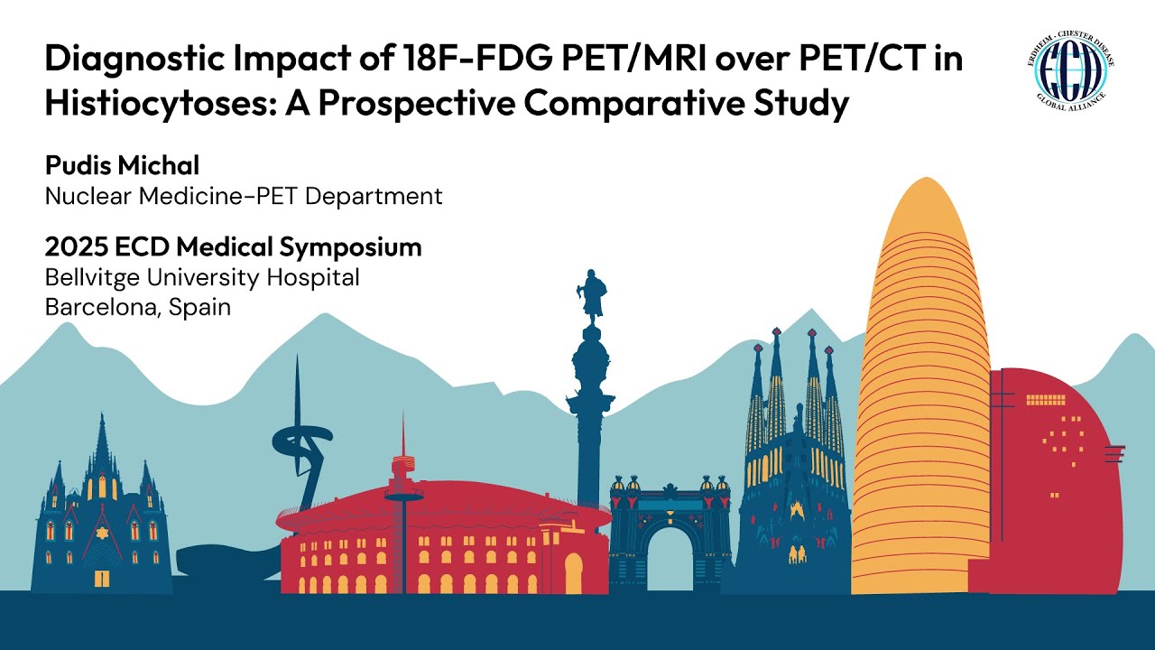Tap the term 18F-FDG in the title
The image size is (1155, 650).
pyautogui.click(x=447, y=60)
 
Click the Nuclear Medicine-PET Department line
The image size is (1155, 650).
pyautogui.click(x=244, y=195)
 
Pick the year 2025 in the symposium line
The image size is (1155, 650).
pyautogui.click(x=74, y=247)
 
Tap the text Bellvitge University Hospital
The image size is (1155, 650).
pyautogui.click(x=202, y=277)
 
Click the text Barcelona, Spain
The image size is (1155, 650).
pyautogui.click(x=138, y=307)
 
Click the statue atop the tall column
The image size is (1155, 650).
pyautogui.click(x=592, y=294)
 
